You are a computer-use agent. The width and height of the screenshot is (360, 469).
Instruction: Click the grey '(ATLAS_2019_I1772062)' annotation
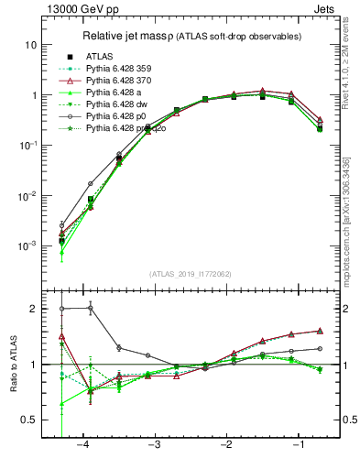191,274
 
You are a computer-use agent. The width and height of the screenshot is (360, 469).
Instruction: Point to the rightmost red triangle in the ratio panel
320,331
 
